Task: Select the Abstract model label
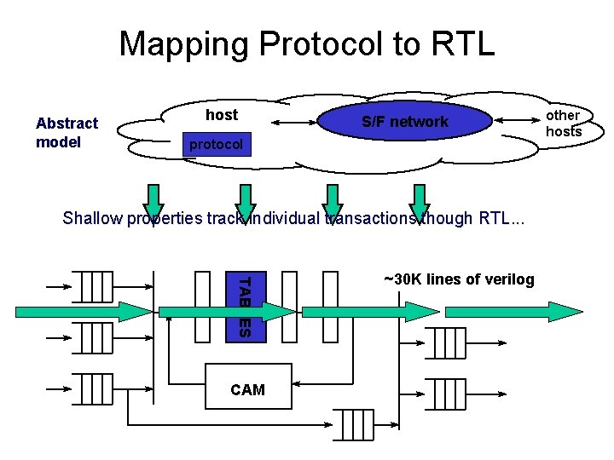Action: (x=67, y=133)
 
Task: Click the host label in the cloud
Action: (x=222, y=115)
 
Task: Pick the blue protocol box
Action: (x=216, y=145)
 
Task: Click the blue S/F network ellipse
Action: (x=404, y=122)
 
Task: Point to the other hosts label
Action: (x=563, y=124)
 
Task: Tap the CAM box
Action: (x=247, y=389)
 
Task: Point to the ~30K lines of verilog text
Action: (x=459, y=279)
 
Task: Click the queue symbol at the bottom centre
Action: (x=352, y=424)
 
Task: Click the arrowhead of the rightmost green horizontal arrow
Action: (x=565, y=311)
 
